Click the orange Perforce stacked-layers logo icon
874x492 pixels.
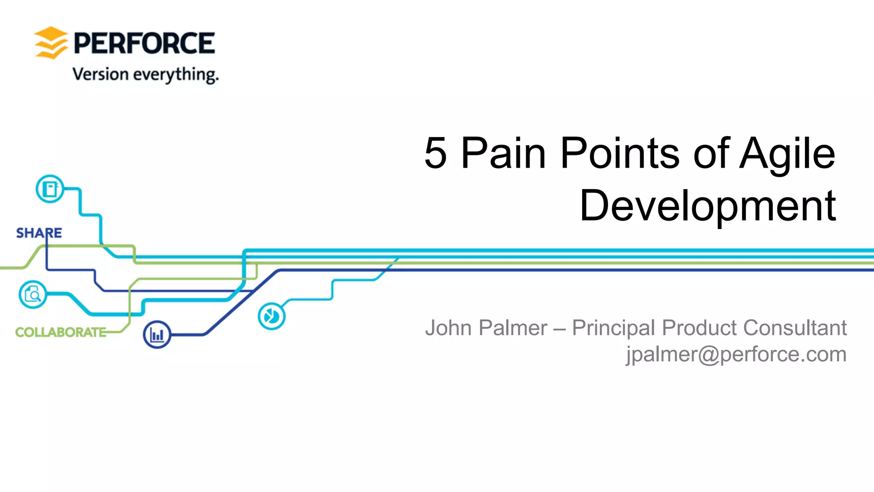(51, 43)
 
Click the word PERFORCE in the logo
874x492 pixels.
(144, 43)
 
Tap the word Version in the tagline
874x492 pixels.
(101, 74)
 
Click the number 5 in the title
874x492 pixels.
(435, 153)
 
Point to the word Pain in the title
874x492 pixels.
(504, 153)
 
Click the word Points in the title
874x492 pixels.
(620, 153)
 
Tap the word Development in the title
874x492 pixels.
(708, 206)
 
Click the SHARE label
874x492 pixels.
(39, 233)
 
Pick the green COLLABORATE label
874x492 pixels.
(61, 332)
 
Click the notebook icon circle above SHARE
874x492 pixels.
(50, 189)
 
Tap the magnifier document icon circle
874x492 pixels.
(33, 294)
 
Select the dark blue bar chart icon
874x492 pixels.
(157, 335)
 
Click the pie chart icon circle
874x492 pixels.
(271, 316)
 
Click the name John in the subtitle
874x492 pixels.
(448, 328)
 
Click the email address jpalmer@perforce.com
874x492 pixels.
(736, 355)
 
